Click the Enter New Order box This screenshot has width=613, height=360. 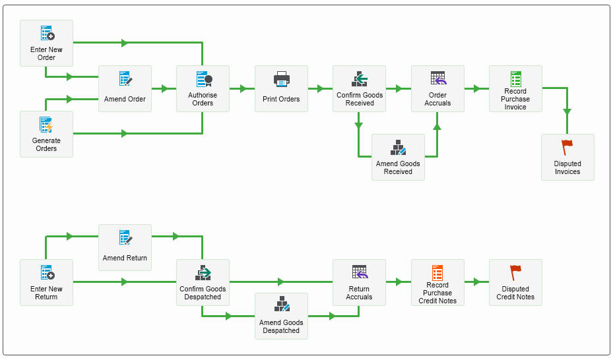click(47, 44)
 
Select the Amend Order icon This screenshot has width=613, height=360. click(125, 78)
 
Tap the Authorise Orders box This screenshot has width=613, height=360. click(203, 88)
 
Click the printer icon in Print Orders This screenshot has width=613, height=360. click(282, 79)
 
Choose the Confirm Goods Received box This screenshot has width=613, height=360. click(359, 88)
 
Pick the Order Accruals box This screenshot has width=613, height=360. click(438, 88)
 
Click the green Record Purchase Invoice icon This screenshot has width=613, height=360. click(515, 78)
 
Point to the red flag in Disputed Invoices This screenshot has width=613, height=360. click(567, 148)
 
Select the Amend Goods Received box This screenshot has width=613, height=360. click(398, 158)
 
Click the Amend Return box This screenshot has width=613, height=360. click(125, 247)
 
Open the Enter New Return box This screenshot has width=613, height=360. click(47, 282)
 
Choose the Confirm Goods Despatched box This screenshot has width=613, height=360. click(203, 282)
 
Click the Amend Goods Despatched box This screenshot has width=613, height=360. click(282, 316)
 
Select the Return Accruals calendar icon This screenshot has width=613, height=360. click(360, 272)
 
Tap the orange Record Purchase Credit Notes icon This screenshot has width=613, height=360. click(437, 272)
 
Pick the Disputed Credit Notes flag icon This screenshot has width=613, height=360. click(515, 272)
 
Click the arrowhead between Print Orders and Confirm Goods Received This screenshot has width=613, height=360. click(321, 88)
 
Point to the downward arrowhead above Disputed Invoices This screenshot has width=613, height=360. click(567, 112)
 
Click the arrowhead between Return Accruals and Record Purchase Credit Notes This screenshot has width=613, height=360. click(399, 282)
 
